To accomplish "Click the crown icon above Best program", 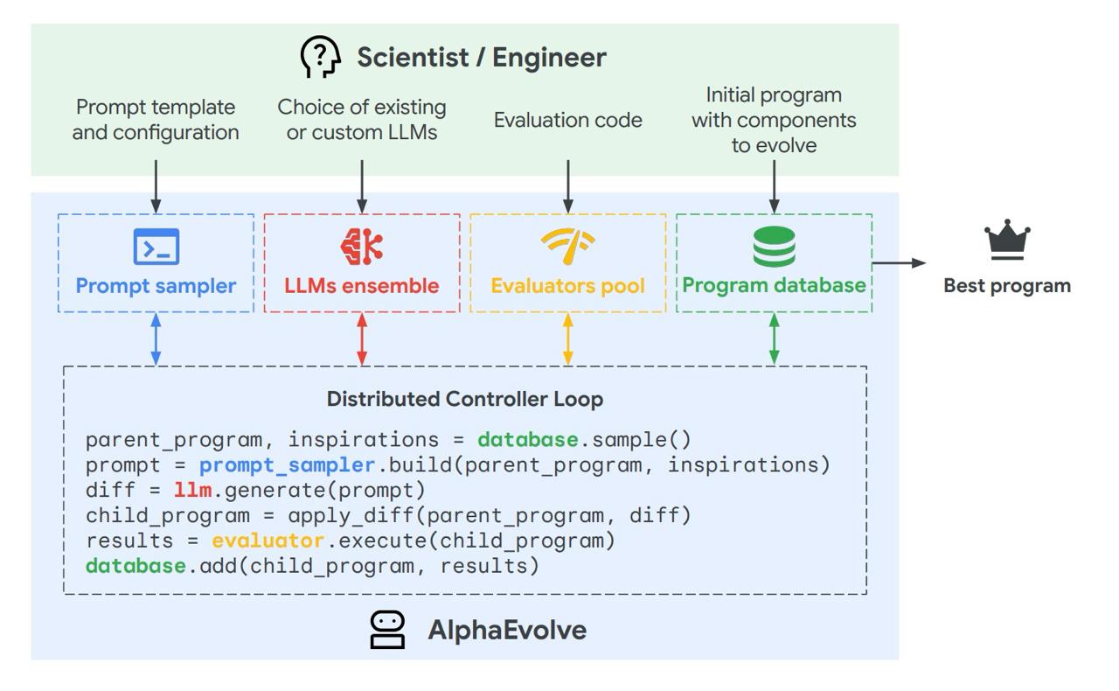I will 1007,240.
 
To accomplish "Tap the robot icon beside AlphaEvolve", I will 387,630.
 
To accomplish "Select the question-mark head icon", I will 321,57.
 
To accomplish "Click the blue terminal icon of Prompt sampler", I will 156,247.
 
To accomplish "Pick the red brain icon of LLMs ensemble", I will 362,246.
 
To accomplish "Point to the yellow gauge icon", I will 568,246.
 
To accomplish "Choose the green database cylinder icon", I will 774,247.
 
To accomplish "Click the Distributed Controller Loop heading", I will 465,399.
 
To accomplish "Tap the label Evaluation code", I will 568,120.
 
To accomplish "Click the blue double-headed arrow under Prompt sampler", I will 156,339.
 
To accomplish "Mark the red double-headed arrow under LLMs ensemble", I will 362,339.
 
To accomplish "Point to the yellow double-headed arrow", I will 568,339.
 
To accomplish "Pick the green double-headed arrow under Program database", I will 774,339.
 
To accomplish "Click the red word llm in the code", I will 192,490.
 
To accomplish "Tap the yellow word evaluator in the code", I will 268,541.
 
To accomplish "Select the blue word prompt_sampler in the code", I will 287,464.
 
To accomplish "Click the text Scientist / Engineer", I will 481,57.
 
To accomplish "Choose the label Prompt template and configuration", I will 156,120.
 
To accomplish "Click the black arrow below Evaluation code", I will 568,185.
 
